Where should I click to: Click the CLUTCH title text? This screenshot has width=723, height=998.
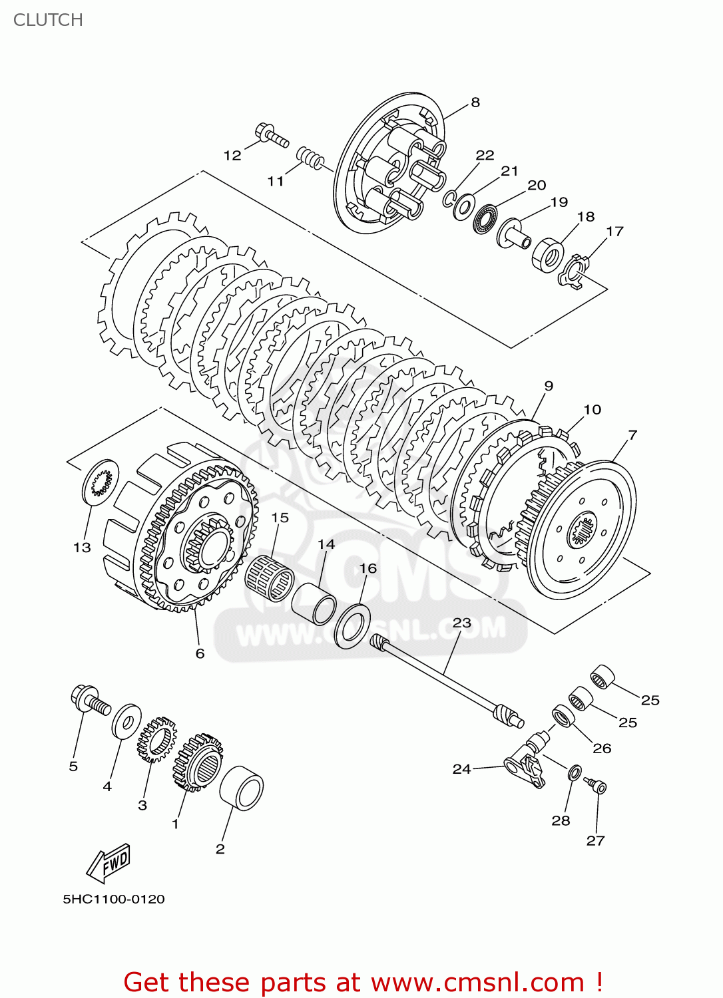[x=48, y=20]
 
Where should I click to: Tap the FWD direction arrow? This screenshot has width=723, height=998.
[x=109, y=862]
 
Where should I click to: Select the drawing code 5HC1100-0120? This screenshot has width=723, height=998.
[x=114, y=900]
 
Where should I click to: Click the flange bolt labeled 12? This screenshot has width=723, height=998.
[x=271, y=135]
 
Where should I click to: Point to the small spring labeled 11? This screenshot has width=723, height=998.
[x=310, y=158]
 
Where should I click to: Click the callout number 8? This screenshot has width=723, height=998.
[x=475, y=102]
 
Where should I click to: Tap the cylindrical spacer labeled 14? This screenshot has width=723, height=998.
[x=314, y=603]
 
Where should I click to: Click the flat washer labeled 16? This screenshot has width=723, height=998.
[x=352, y=626]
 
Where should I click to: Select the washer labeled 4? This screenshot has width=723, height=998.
[x=126, y=721]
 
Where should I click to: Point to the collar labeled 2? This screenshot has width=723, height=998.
[x=242, y=787]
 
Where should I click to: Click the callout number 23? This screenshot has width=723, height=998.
[x=461, y=623]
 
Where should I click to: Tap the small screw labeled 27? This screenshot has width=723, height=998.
[x=597, y=786]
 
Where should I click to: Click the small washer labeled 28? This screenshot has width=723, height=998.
[x=573, y=773]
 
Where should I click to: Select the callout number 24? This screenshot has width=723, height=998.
[x=461, y=768]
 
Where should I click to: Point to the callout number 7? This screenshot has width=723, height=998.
[x=632, y=434]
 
